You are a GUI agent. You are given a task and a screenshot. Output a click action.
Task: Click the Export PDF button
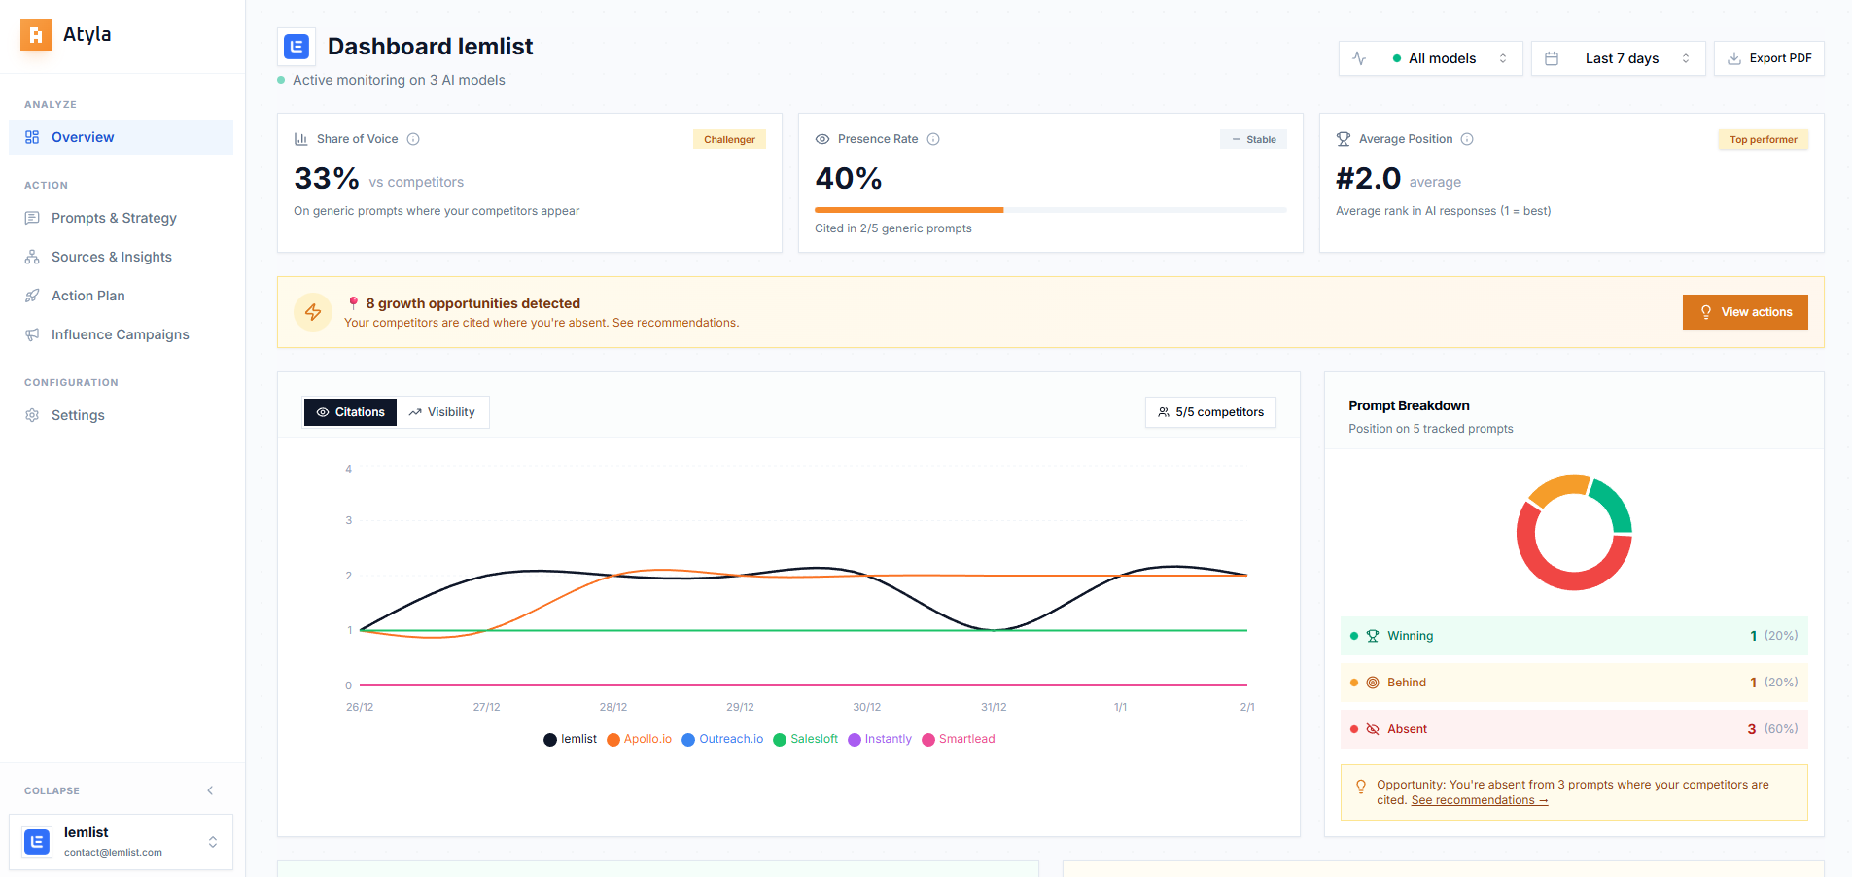click(1768, 58)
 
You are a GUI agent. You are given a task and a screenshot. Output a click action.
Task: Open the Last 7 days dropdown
click(1618, 58)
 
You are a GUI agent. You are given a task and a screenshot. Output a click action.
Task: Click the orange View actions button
click(1744, 312)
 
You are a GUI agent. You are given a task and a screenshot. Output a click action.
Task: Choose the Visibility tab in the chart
click(442, 412)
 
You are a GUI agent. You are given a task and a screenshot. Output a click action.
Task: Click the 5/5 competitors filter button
click(1210, 412)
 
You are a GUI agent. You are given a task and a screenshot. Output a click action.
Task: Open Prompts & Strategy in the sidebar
click(114, 218)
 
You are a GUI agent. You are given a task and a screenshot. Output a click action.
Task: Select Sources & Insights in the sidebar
click(111, 257)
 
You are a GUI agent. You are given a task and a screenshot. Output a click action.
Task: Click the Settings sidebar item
click(78, 415)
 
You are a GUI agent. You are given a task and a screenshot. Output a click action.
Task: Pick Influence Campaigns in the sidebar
click(120, 334)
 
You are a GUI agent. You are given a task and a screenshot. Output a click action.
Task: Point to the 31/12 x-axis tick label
click(994, 707)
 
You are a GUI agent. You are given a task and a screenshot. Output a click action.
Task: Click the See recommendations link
click(1479, 800)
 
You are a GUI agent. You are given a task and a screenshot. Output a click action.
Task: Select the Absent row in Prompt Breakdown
click(1573, 729)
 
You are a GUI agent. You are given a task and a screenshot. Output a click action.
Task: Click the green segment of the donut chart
click(1614, 505)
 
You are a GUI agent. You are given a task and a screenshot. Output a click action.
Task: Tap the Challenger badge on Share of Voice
click(729, 139)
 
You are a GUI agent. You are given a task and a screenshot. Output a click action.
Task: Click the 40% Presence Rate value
click(848, 179)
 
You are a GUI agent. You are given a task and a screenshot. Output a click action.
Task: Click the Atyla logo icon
click(36, 35)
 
